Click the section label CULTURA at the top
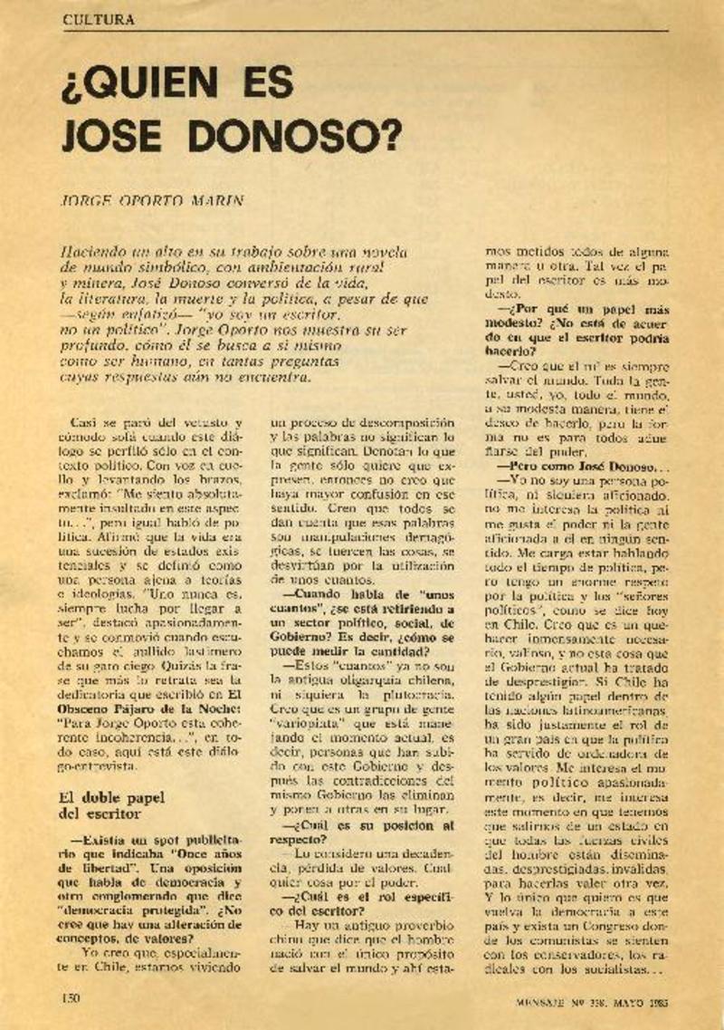click(x=100, y=19)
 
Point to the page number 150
click(x=72, y=997)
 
